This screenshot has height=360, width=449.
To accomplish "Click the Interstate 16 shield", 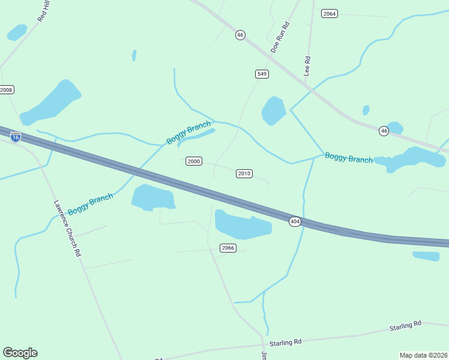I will (16, 137).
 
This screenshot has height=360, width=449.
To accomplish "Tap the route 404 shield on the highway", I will (295, 222).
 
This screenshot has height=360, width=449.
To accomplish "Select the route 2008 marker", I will (6, 90).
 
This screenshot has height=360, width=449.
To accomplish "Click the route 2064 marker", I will (329, 14).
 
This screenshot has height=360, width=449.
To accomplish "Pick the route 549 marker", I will (262, 74).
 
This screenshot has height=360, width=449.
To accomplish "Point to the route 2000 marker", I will (193, 161).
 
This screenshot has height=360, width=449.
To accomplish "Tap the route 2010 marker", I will (244, 173).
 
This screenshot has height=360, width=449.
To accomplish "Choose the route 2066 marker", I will (228, 248).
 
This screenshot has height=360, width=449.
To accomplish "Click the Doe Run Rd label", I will (280, 37).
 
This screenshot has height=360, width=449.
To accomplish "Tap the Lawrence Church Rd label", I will (67, 229).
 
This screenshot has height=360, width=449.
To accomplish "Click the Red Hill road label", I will (44, 12).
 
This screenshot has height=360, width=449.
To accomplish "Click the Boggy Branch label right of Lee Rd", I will (348, 158).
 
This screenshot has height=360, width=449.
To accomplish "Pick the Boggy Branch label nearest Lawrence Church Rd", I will (90, 204).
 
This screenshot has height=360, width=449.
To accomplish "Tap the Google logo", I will (20, 353).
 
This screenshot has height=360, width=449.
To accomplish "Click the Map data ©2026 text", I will (423, 355).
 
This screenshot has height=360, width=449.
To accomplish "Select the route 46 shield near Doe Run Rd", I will (240, 35).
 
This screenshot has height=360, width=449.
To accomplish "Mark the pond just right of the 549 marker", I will (274, 110).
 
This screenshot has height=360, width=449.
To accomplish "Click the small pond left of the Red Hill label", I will (17, 32).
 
